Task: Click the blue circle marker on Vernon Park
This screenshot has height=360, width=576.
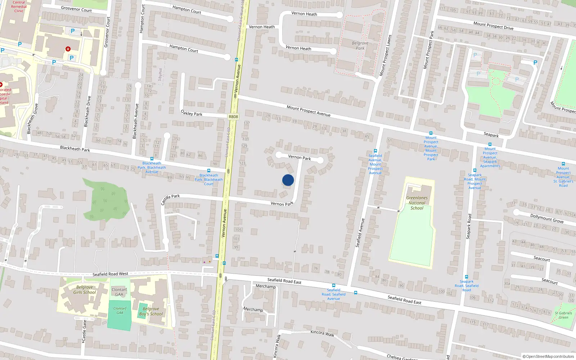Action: coord(288,180)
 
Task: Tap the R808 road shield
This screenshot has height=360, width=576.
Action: coord(233,117)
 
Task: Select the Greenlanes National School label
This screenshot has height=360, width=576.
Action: coord(417,203)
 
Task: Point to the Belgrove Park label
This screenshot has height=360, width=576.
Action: coord(360,46)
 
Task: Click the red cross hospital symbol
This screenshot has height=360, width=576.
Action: coord(68,49)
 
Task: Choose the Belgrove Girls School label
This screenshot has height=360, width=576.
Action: coord(85,290)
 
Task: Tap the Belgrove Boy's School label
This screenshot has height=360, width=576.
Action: coord(151,311)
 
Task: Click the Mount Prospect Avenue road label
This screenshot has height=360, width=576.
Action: coord(309,111)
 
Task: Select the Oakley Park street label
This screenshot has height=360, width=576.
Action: coord(192,113)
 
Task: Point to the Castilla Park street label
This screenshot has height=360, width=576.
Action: coord(170,199)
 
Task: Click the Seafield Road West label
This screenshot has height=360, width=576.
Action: coord(110,274)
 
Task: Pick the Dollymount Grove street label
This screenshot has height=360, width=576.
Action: coord(547,218)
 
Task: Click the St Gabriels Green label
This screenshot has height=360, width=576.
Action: coord(563,315)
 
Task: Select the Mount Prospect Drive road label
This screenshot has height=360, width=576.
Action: coord(493,26)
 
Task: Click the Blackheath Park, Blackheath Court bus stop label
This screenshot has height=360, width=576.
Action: coord(209,180)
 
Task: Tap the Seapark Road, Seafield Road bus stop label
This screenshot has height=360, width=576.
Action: coord(467,286)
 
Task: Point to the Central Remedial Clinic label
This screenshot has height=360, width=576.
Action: coord(19,6)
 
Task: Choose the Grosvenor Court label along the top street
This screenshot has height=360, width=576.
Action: coord(76,9)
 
